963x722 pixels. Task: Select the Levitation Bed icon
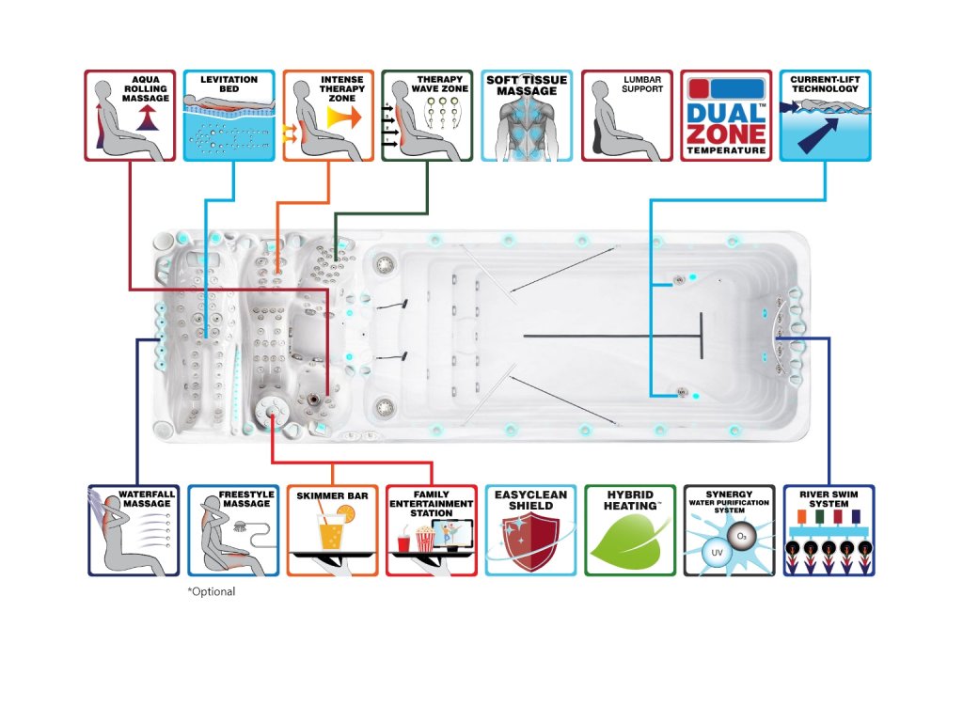(229, 115)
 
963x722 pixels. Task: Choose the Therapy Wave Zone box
(427, 115)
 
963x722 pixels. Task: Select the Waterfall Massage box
(134, 530)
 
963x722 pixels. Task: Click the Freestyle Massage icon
(233, 530)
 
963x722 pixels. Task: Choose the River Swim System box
(829, 530)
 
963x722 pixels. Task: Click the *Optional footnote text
(212, 592)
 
